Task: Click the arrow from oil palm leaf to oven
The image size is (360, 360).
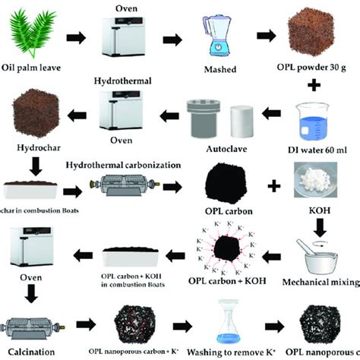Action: point(76,36)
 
